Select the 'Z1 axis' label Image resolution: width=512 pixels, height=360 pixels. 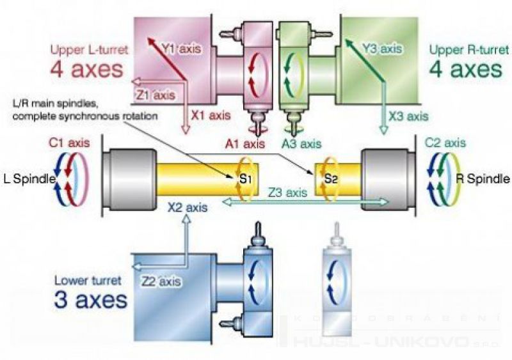(x=155, y=95)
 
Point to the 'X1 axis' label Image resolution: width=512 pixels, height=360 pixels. (x=210, y=116)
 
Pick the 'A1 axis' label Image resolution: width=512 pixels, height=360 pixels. (x=242, y=144)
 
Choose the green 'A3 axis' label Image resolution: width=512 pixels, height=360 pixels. (x=301, y=144)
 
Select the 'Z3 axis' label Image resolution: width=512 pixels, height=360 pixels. (x=287, y=191)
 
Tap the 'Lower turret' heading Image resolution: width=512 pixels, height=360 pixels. (x=84, y=279)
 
